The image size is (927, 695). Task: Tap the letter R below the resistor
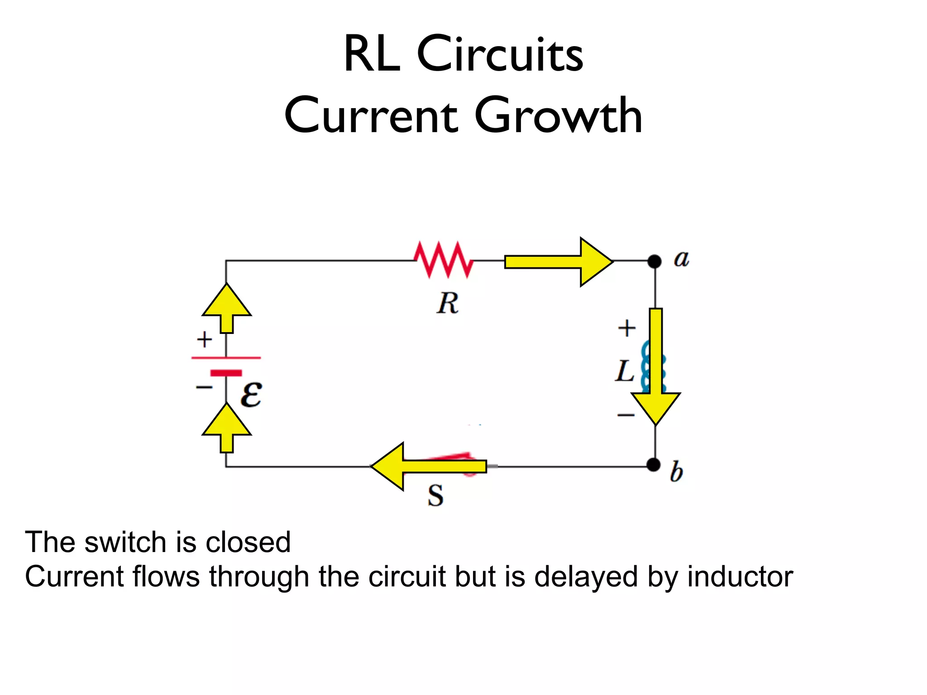448,303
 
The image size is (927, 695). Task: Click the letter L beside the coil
625,371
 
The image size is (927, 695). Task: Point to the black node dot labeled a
654,261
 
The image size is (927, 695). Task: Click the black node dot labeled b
653,465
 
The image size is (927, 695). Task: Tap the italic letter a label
681,259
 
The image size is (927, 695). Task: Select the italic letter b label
676,472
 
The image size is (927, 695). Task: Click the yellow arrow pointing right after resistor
559,262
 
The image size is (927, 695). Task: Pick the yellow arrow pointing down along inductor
655,367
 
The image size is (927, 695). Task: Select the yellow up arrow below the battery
226,428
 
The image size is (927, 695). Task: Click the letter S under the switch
435,496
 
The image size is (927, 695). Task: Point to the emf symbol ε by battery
251,395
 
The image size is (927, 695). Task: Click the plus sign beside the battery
204,339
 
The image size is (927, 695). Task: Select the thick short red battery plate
226,373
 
